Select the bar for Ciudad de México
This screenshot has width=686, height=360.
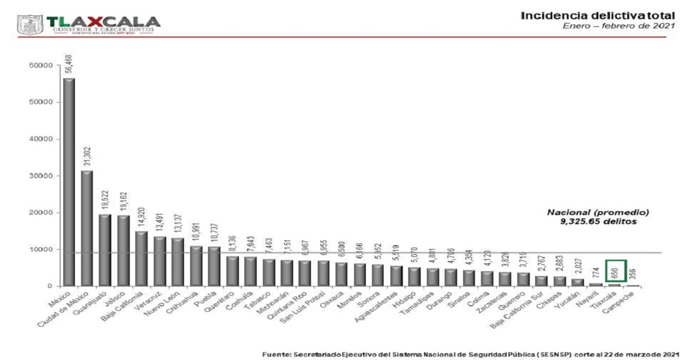pyautogui.click(x=87, y=228)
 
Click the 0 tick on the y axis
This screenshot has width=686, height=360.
pyautogui.click(x=50, y=286)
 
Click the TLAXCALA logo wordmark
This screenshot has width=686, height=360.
pyautogui.click(x=103, y=22)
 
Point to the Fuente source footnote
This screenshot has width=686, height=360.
pyautogui.click(x=471, y=355)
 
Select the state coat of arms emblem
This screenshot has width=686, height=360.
pyautogui.click(x=29, y=25)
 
